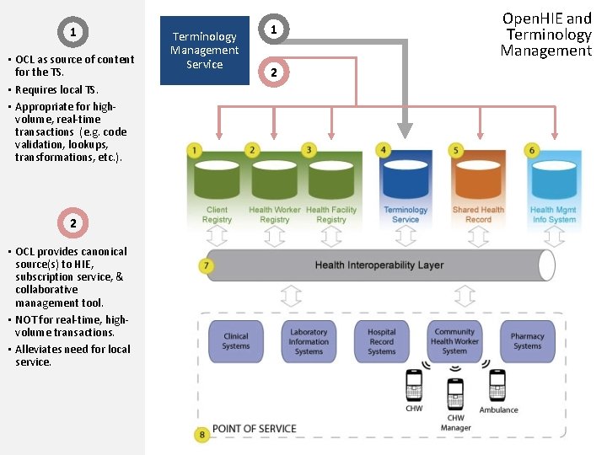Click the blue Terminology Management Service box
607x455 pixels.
click(x=205, y=51)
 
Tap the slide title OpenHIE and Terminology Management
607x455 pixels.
click(x=546, y=34)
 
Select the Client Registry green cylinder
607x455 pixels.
click(x=217, y=179)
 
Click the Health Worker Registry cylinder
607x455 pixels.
click(x=274, y=179)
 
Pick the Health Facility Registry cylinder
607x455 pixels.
click(x=330, y=179)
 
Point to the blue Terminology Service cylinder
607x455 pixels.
click(x=406, y=179)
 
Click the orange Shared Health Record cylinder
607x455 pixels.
click(x=478, y=179)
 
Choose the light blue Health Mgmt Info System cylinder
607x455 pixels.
click(x=554, y=179)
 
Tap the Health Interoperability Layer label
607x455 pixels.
click(x=379, y=265)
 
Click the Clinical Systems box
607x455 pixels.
click(x=236, y=341)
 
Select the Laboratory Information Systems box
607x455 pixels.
click(x=309, y=341)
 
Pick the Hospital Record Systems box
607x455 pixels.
click(x=381, y=341)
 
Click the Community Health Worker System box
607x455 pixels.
click(x=454, y=341)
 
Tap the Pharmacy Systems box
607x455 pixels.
click(x=527, y=341)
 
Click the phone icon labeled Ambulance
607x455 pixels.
click(x=498, y=386)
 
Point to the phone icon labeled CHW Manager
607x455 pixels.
click(x=455, y=394)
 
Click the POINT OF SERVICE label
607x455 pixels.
click(x=254, y=429)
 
